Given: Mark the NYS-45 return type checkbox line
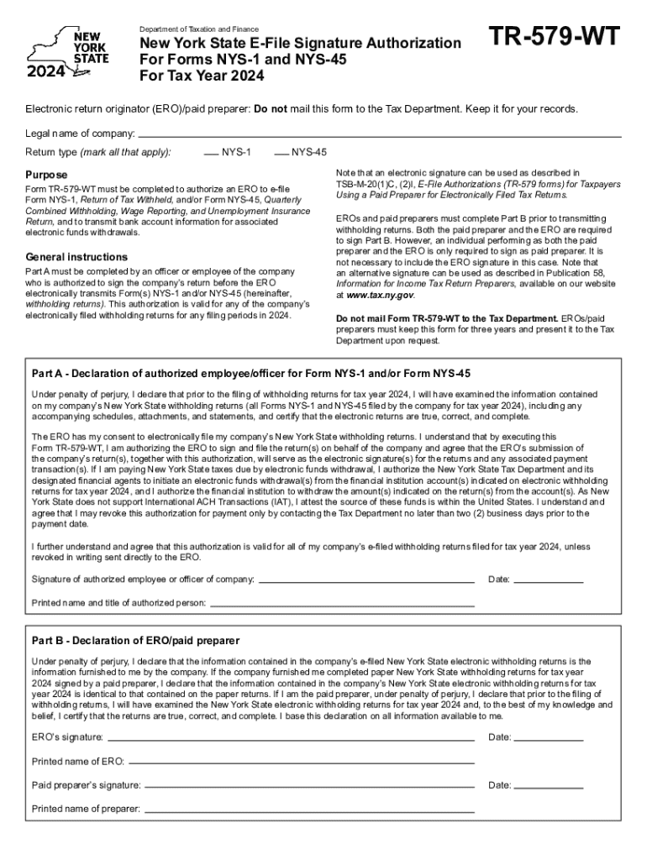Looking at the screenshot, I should [x=281, y=154].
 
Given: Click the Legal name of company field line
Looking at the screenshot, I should [x=379, y=136].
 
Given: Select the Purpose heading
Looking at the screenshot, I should [x=46, y=174].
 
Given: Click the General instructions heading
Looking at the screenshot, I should [x=76, y=256].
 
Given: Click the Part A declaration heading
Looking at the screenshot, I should [x=250, y=373].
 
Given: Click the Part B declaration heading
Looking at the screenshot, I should [x=135, y=640].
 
